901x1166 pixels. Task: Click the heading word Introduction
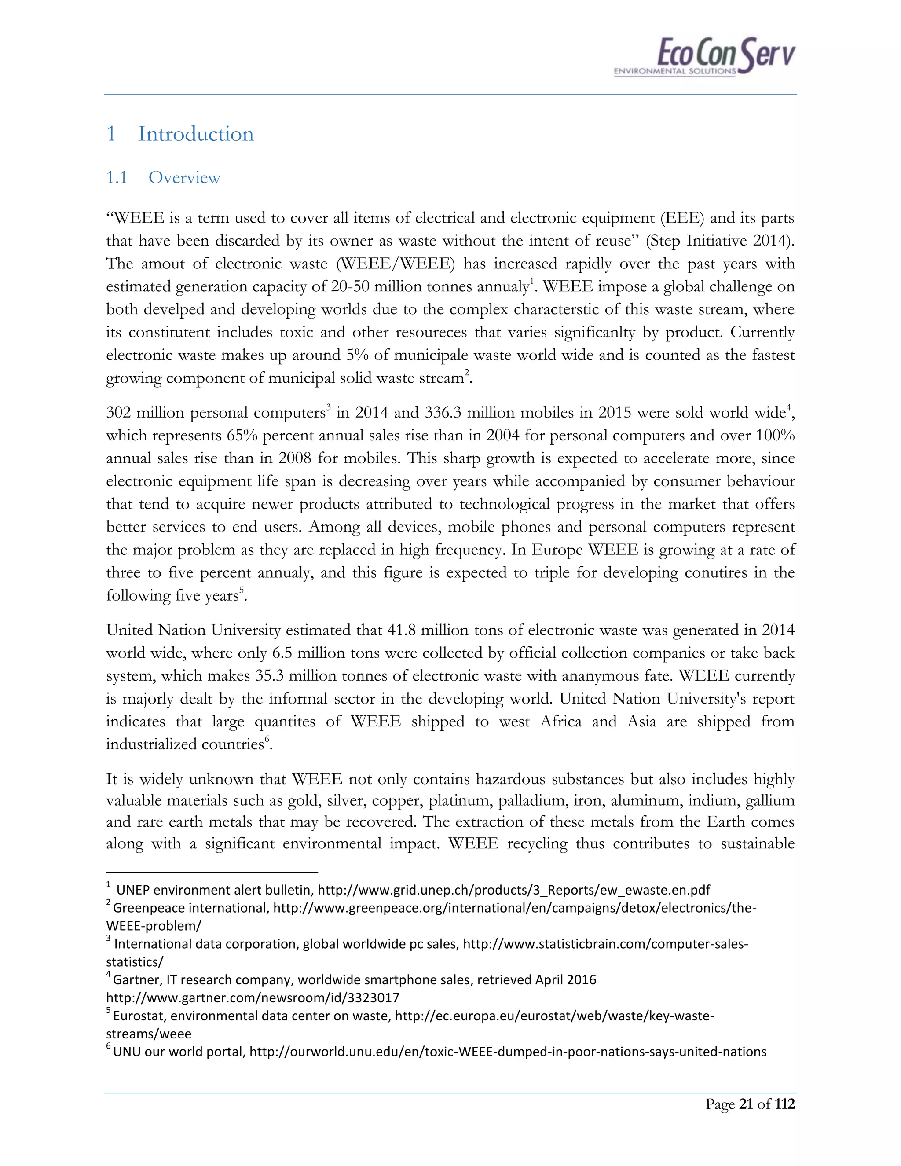tap(196, 134)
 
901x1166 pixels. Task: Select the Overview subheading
tap(184, 177)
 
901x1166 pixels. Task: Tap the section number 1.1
tap(116, 177)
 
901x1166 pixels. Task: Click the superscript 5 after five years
tap(241, 590)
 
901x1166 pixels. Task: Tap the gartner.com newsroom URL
tap(253, 997)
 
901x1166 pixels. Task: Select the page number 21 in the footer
tap(745, 1104)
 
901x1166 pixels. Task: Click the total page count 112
tap(785, 1104)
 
